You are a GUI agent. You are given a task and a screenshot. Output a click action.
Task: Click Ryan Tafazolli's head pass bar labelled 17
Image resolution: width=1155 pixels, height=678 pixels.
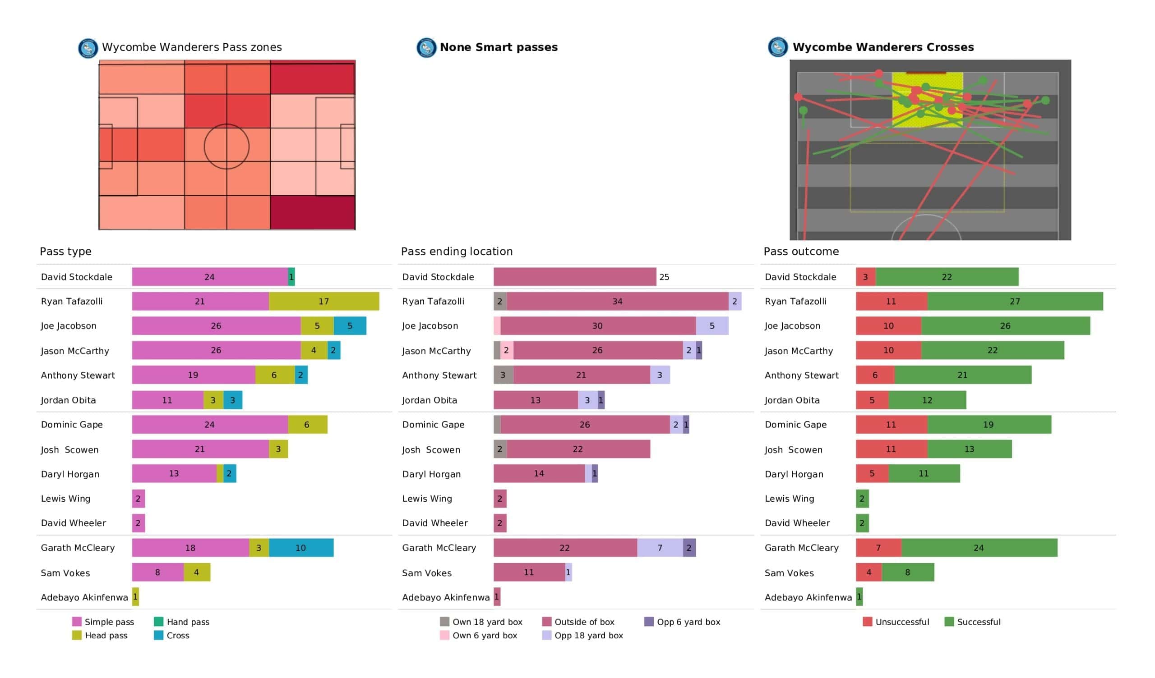tap(324, 302)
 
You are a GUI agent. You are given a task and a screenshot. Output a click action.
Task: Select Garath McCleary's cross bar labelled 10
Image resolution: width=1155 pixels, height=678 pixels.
tap(301, 548)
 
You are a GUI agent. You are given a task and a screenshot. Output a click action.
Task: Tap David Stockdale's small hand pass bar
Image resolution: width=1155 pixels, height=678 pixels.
tap(291, 277)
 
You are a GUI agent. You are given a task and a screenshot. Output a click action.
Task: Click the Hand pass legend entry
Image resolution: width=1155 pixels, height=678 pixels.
tap(182, 622)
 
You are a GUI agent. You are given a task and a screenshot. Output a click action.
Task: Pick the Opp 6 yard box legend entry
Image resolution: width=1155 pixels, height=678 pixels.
tap(682, 622)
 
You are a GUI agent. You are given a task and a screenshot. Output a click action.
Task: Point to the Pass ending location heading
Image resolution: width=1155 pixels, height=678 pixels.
tap(457, 252)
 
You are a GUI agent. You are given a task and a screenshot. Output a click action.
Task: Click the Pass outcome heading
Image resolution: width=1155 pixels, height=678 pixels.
tap(801, 252)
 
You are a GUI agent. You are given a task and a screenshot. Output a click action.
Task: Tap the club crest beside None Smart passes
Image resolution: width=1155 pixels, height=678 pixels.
tap(426, 47)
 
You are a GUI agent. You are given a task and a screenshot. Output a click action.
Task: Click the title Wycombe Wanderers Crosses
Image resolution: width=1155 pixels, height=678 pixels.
tap(883, 47)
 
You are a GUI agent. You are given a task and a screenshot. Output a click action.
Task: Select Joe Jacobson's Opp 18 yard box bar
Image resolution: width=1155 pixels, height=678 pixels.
tap(712, 326)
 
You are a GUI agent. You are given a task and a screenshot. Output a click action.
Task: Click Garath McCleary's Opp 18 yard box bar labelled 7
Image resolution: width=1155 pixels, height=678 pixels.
tap(660, 548)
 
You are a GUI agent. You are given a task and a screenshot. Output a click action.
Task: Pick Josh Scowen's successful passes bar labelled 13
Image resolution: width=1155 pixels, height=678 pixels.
tap(970, 449)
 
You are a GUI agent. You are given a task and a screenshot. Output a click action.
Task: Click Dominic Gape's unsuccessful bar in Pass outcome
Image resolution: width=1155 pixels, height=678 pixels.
tap(892, 425)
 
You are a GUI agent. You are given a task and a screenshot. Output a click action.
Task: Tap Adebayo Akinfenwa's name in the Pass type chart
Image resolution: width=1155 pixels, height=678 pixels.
tap(84, 597)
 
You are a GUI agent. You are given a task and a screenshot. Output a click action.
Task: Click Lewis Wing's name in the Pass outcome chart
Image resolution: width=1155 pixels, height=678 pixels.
tap(789, 499)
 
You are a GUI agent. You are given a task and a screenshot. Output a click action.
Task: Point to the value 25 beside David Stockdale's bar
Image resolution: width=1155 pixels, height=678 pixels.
tap(664, 277)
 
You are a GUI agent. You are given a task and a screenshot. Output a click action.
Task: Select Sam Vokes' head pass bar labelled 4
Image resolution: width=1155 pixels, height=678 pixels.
tap(197, 573)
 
